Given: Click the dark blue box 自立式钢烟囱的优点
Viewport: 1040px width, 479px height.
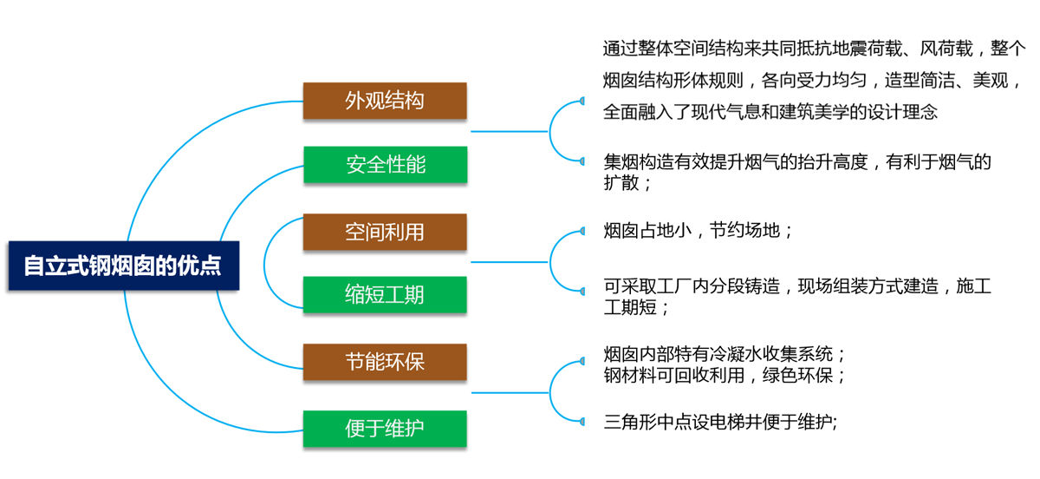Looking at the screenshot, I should [122, 265].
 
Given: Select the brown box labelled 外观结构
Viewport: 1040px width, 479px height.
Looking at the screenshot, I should [385, 101].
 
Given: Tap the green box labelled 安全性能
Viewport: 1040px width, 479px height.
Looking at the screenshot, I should [385, 164].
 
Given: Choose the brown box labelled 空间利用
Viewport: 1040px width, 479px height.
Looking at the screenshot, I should [385, 232].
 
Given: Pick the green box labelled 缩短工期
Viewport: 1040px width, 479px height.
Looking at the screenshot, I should [385, 294].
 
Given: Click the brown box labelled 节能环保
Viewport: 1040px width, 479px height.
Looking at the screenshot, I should [385, 361].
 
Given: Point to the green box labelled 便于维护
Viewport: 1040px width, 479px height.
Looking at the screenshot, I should [385, 429].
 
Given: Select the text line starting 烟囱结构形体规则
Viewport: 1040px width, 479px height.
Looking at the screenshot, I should [814, 80].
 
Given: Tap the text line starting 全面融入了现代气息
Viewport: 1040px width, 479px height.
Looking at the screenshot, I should [770, 112].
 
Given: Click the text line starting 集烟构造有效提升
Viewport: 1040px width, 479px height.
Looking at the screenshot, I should [797, 161].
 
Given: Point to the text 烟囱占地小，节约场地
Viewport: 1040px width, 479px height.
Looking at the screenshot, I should [699, 231].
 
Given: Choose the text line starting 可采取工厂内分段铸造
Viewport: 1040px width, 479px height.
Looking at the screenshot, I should [797, 286].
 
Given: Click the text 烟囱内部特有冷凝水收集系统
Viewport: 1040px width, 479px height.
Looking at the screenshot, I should [725, 354].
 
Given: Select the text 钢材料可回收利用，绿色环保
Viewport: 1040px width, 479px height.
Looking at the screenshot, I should [725, 376].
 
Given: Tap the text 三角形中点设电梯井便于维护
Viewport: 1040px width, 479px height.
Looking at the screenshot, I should [720, 423].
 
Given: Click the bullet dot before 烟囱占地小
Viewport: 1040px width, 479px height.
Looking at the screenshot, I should [582, 231].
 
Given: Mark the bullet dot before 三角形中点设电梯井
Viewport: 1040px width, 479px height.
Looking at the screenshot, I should [582, 423].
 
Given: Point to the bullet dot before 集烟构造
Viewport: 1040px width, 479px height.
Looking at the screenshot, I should [582, 161].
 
